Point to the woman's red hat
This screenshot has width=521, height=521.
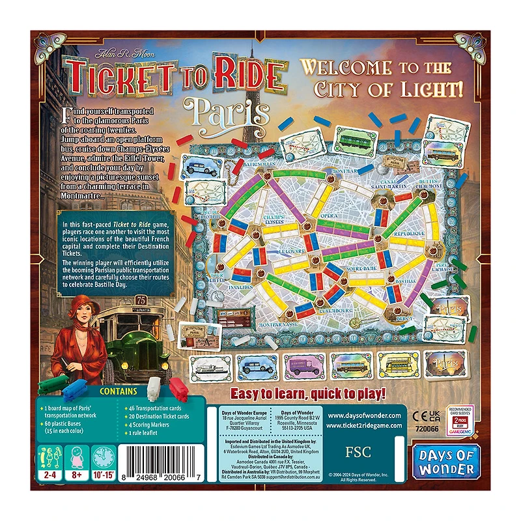(x=85, y=302)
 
